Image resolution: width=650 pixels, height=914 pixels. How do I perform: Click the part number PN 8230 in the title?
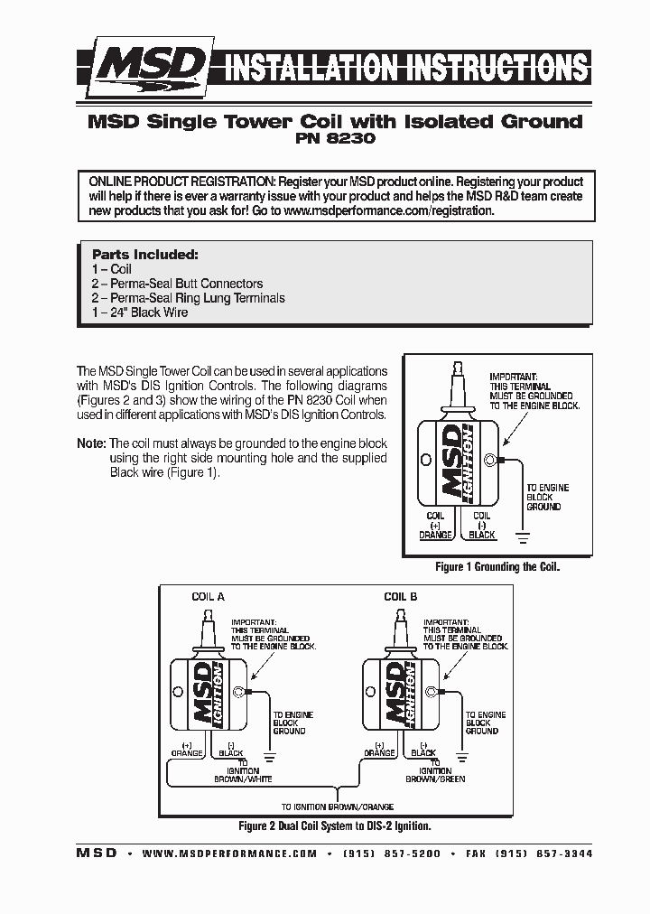click(x=334, y=140)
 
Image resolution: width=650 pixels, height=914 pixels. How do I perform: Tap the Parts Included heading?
click(x=144, y=255)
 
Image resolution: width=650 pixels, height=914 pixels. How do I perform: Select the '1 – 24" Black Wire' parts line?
click(x=140, y=312)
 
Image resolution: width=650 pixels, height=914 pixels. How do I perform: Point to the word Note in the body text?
click(x=90, y=444)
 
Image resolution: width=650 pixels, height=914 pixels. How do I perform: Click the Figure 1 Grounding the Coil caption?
click(x=497, y=567)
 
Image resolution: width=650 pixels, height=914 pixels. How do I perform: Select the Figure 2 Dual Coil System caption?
click(x=334, y=825)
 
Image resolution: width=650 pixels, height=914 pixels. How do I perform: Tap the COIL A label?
click(x=209, y=597)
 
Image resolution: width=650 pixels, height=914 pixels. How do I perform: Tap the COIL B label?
click(x=401, y=597)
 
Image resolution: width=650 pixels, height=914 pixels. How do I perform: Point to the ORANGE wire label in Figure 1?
click(x=435, y=535)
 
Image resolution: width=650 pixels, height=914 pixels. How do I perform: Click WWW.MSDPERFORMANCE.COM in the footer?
click(x=229, y=853)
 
